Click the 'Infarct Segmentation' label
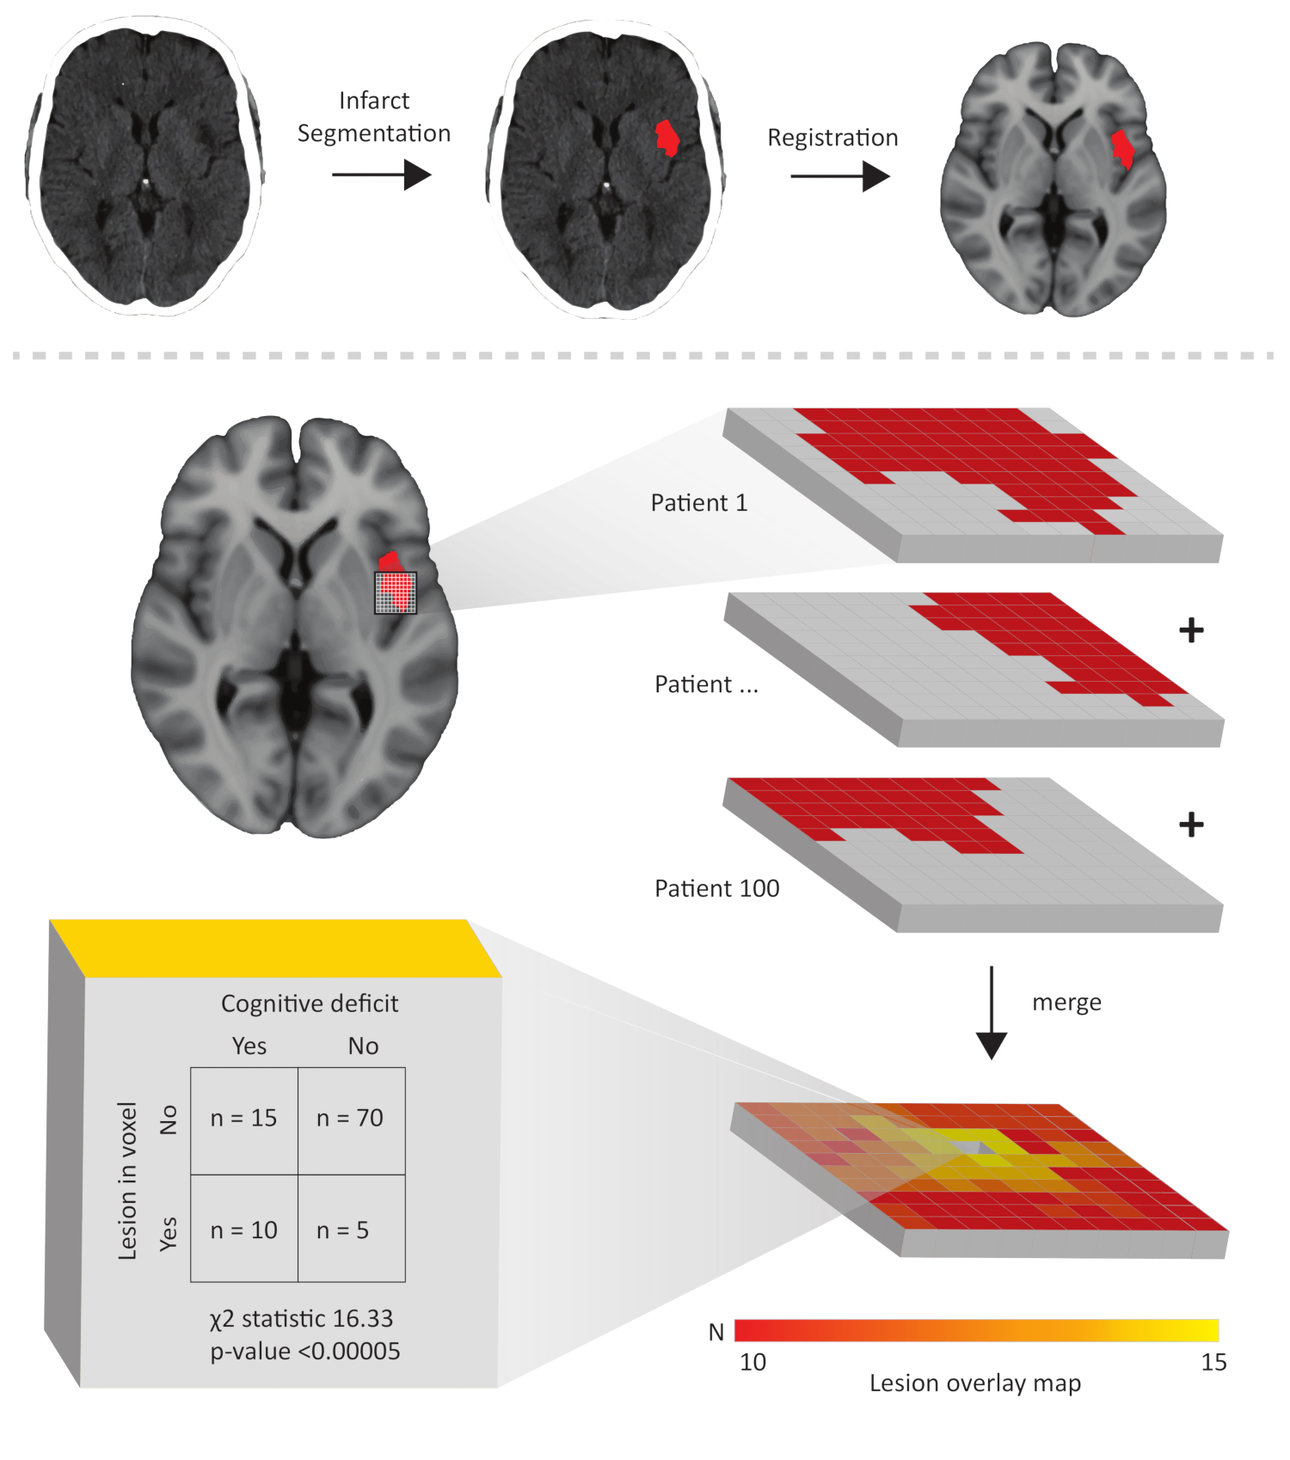point(374,117)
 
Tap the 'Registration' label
point(832,138)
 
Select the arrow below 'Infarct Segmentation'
point(381,175)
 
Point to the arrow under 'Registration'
point(839,177)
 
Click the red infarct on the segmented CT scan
point(666,138)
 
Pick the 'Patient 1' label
point(698,503)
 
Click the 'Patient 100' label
point(716,888)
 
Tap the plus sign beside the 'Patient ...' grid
point(1191,630)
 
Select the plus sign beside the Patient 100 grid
point(1191,825)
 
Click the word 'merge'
point(1066,1003)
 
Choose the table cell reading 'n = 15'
point(244,1119)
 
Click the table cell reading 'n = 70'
point(350,1119)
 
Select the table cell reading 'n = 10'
point(244,1230)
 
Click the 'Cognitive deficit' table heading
point(310,1004)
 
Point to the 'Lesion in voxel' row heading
point(128,1181)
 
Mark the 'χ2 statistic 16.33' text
point(301,1319)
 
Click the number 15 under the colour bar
point(1213,1363)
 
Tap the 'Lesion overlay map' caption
point(974,1383)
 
